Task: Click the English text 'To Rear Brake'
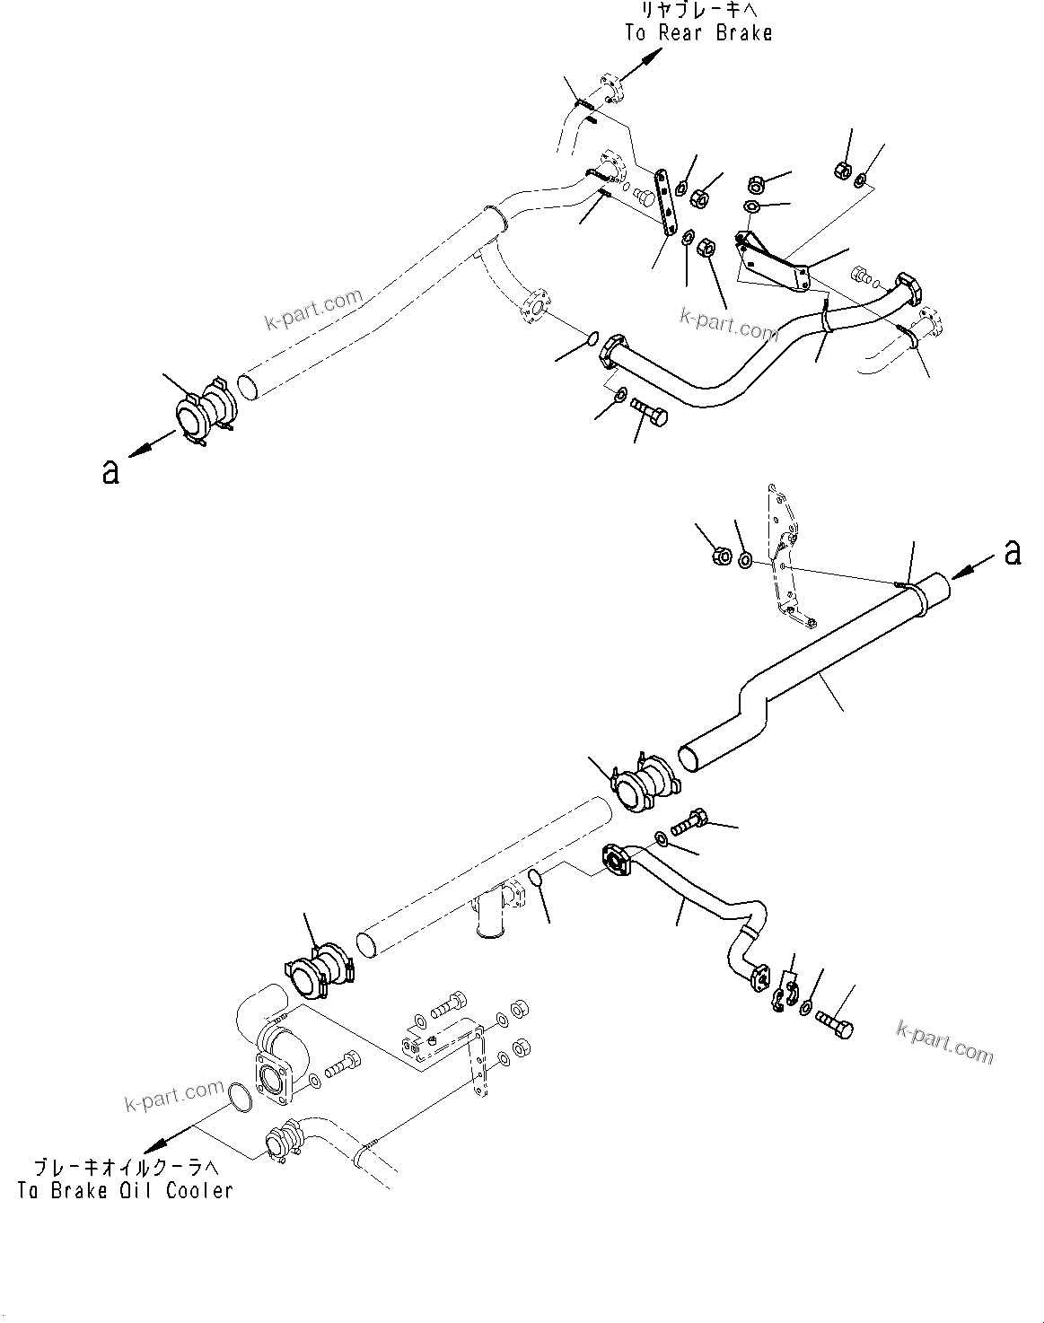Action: pyautogui.click(x=698, y=33)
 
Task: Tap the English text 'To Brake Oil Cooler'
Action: pyautogui.click(x=125, y=1191)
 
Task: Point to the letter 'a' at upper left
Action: pyautogui.click(x=110, y=471)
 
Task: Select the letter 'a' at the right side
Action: pyautogui.click(x=1013, y=552)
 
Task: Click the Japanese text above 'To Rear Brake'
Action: pyautogui.click(x=698, y=11)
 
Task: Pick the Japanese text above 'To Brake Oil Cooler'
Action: pyautogui.click(x=125, y=1168)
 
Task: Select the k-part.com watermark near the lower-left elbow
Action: pyautogui.click(x=175, y=1096)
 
